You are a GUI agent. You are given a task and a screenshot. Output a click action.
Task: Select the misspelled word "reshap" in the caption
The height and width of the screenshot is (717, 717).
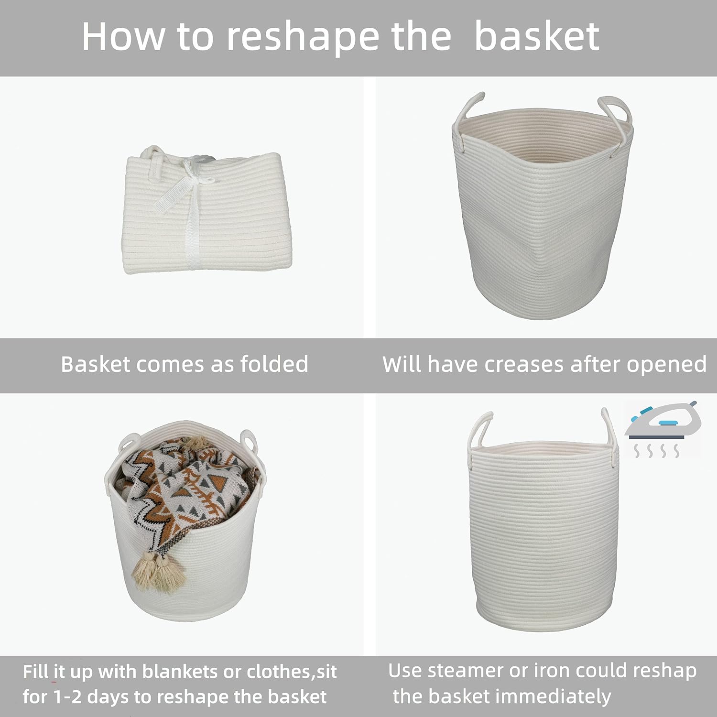coord(664,671)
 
